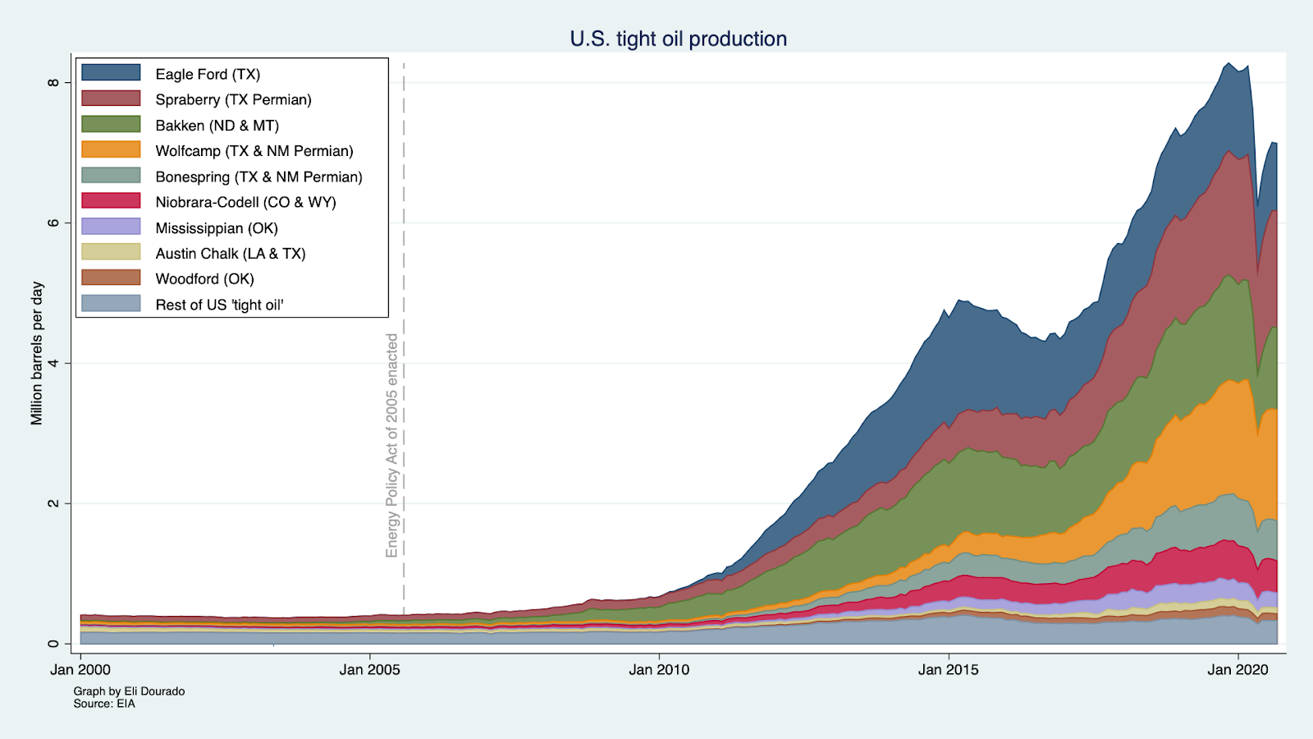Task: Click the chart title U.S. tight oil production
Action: tap(678, 39)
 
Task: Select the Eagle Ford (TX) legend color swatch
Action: tap(111, 73)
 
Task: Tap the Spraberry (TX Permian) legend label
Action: tap(233, 99)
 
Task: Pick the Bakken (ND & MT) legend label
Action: tap(217, 126)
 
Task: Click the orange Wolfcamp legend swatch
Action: tap(111, 149)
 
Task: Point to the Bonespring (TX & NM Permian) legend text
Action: tap(258, 177)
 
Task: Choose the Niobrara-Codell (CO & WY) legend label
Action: tap(245, 202)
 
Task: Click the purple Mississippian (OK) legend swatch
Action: tap(111, 227)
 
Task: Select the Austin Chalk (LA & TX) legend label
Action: tap(230, 254)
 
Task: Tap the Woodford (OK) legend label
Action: tap(204, 279)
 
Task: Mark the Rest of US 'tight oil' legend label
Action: tap(219, 305)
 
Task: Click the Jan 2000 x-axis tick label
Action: tap(80, 670)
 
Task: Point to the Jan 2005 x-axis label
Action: tap(369, 670)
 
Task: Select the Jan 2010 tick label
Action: tap(659, 670)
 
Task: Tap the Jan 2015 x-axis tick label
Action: tap(948, 670)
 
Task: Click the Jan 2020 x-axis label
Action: tap(1238, 670)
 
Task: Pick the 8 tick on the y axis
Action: tap(53, 83)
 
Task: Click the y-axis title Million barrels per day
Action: tap(37, 353)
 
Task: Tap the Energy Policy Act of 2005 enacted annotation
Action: tap(392, 445)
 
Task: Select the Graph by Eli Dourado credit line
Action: tap(129, 691)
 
